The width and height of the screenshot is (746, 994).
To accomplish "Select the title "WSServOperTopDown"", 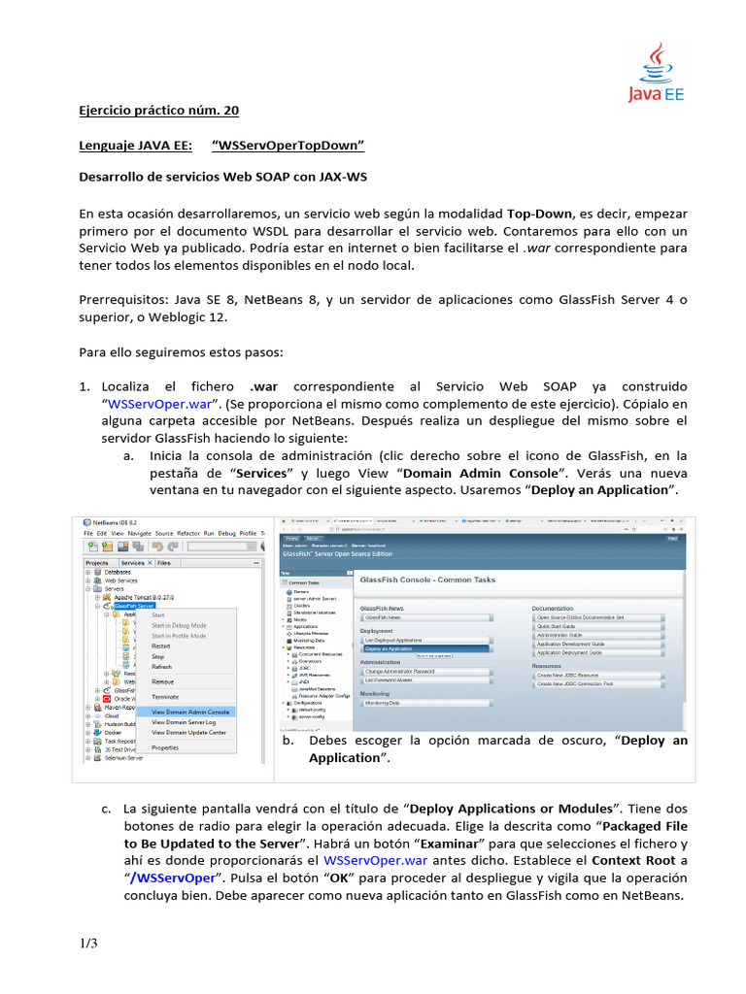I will coord(288,146).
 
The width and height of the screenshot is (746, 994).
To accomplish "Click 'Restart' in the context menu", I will coord(161,646).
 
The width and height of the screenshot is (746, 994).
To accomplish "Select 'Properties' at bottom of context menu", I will coord(165,747).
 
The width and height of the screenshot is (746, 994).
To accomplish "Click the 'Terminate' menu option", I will coord(165,697).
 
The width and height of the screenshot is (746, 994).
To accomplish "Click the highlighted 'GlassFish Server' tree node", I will coord(134,605).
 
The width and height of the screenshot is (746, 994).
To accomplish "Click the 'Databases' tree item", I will coord(118,573).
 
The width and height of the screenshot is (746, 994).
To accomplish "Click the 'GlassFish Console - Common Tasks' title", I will coord(427,580).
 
